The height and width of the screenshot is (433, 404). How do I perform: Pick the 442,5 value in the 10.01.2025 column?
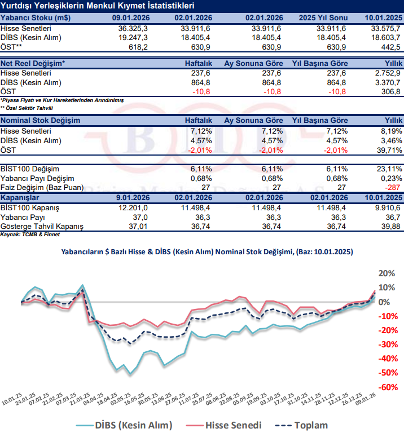[389, 46]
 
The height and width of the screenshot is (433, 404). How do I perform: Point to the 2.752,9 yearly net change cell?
[388, 73]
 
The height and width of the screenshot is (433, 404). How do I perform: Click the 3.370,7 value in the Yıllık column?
[388, 82]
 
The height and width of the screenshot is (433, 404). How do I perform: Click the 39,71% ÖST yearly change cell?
[388, 149]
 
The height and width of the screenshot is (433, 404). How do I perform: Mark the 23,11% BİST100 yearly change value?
[388, 169]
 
